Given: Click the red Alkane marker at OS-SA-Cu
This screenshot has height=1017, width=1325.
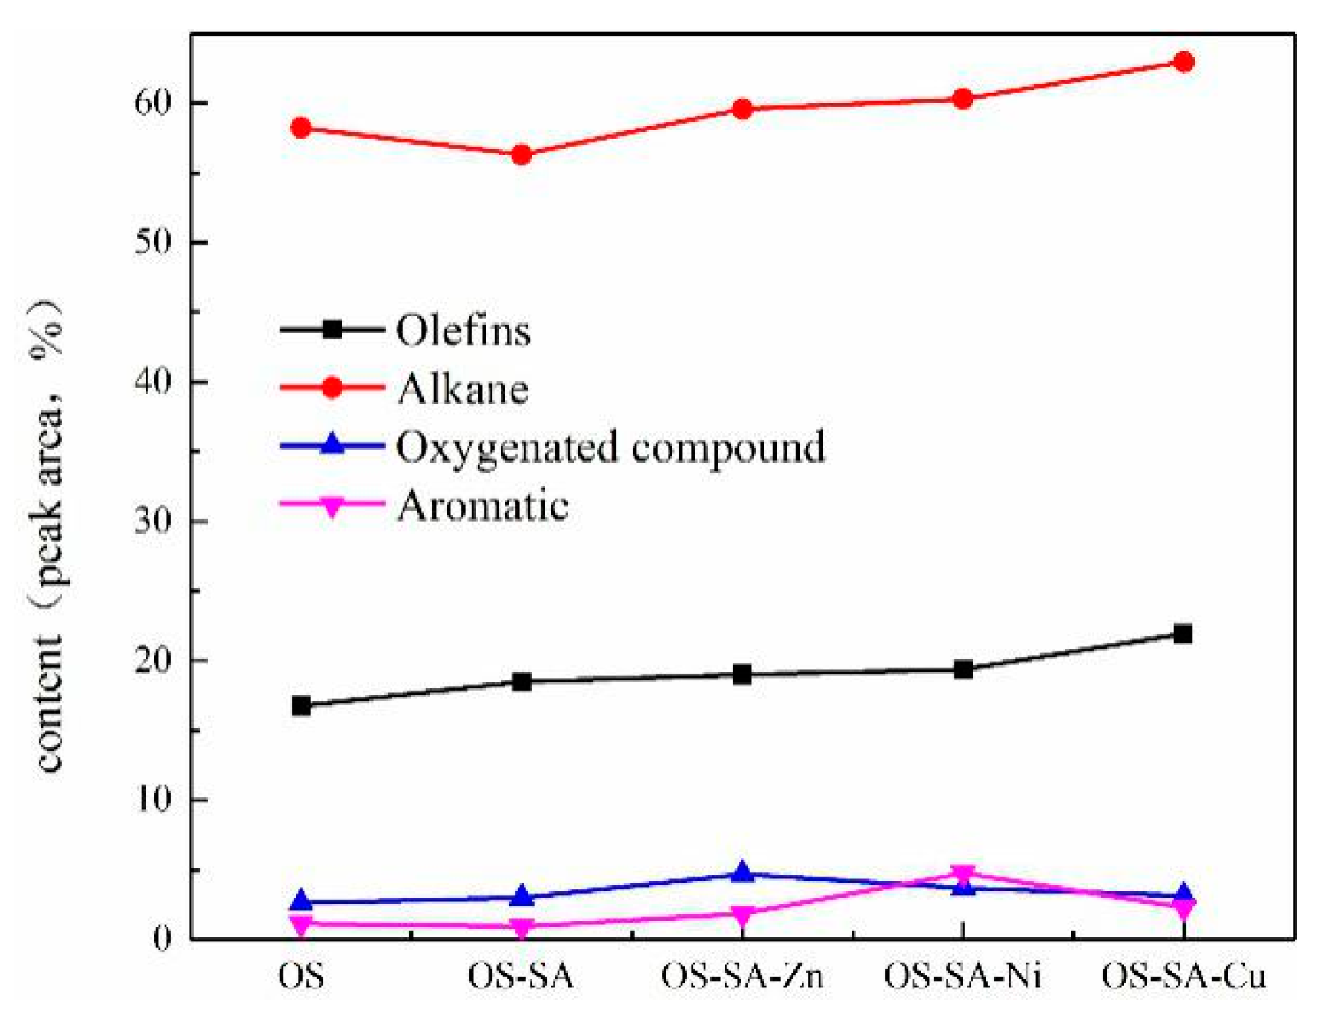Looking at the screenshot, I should pos(1183,61).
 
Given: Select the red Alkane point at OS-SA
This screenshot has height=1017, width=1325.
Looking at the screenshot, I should pos(522,155).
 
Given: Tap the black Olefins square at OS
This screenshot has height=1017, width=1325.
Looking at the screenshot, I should pos(301,705).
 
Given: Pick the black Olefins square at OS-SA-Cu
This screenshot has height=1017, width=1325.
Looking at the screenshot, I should pos(1183,633).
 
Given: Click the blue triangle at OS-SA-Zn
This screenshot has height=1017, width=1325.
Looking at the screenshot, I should pos(741,872).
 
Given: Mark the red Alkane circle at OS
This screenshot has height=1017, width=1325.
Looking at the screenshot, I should pos(301,128).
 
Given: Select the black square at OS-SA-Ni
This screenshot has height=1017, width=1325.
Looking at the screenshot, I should pos(963,670).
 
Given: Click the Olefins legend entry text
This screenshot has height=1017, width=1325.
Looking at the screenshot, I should pos(463,331).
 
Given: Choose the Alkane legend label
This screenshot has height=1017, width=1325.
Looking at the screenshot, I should pos(463,389).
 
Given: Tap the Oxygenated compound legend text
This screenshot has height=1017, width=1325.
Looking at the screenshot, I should pos(610,447).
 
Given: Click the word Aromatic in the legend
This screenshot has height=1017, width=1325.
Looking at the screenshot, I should pos(483,506).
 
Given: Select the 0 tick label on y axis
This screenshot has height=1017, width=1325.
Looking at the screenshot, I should pos(162,939).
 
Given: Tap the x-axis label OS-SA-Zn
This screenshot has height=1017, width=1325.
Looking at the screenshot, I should pos(741,977).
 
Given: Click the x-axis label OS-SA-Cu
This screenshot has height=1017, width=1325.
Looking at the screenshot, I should pos(1183,977).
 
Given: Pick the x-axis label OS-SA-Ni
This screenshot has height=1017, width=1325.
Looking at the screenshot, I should pos(963,977).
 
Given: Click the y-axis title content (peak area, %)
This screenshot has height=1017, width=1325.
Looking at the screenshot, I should pos(47,536).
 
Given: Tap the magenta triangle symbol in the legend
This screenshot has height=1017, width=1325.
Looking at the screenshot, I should pos(332,506).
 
